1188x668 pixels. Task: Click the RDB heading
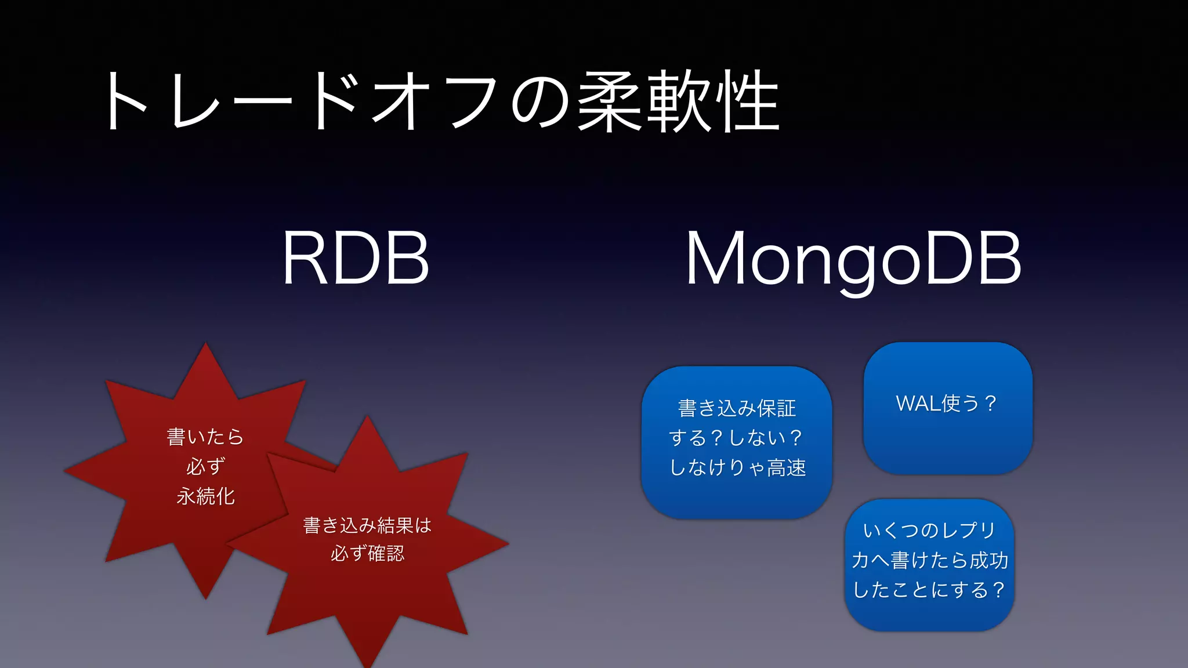click(x=355, y=258)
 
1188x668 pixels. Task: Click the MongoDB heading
click(x=853, y=258)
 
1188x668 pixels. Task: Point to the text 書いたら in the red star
click(x=205, y=436)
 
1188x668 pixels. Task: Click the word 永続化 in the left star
click(x=205, y=496)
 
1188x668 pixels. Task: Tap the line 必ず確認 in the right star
click(x=367, y=554)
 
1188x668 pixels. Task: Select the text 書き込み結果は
click(x=367, y=525)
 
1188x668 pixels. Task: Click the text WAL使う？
click(x=947, y=403)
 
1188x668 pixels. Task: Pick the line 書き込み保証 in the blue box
click(x=737, y=408)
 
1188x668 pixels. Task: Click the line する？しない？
click(x=737, y=438)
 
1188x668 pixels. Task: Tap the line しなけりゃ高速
click(x=737, y=467)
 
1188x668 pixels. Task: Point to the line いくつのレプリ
click(x=929, y=530)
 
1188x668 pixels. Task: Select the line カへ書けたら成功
click(x=929, y=560)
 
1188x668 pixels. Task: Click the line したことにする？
click(x=929, y=590)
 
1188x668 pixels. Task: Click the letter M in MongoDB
click(x=713, y=258)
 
